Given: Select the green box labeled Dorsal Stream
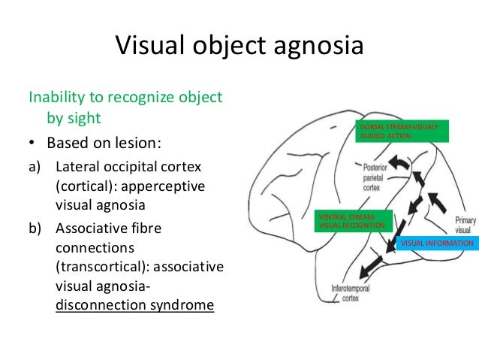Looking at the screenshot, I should click(402, 131).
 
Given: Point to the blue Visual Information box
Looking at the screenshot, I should click(437, 244).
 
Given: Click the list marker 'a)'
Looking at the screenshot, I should click(35, 165).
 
